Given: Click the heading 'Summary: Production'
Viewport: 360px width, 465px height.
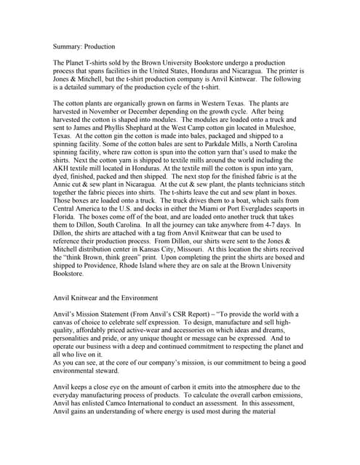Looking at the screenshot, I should pyautogui.click(x=84, y=45).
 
